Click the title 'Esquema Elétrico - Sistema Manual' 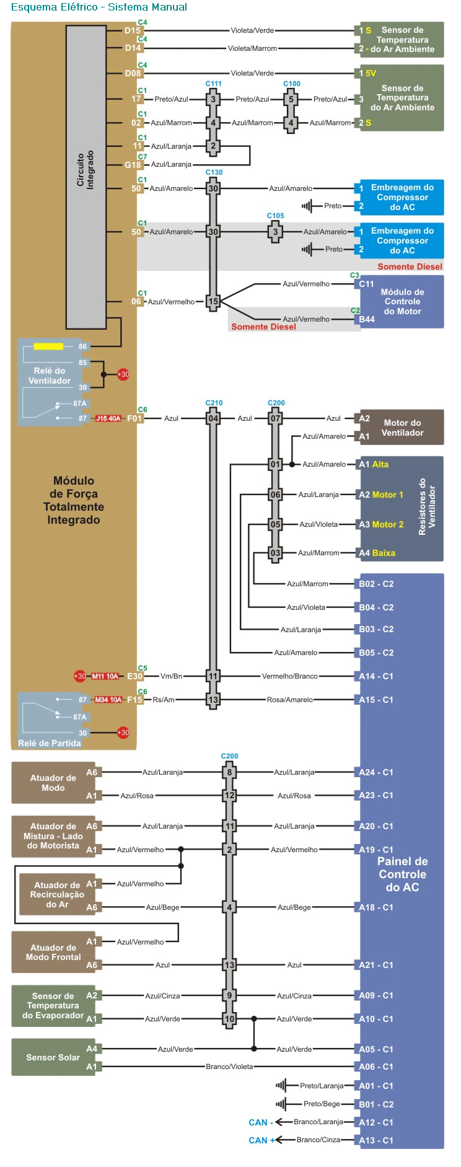pyautogui.click(x=99, y=7)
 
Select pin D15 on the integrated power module pyautogui.click(x=133, y=30)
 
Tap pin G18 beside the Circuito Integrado pyautogui.click(x=133, y=165)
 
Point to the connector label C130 pyautogui.click(x=214, y=172)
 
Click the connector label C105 pyautogui.click(x=275, y=216)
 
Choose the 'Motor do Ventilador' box pyautogui.click(x=402, y=428)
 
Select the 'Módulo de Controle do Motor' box pyautogui.click(x=402, y=302)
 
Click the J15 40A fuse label pyautogui.click(x=108, y=418)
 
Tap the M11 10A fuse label pyautogui.click(x=105, y=676)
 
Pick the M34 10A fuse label pyautogui.click(x=108, y=700)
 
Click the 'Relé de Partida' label pyautogui.click(x=50, y=743)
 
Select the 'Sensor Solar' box pyautogui.click(x=53, y=1057)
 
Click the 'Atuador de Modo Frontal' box pyautogui.click(x=53, y=953)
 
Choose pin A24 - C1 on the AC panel pyautogui.click(x=375, y=772)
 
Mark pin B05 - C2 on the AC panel pyautogui.click(x=375, y=653)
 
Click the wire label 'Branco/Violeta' pyautogui.click(x=229, y=1067)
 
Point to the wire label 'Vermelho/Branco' pyautogui.click(x=289, y=676)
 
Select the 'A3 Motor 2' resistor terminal pyautogui.click(x=380, y=524)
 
